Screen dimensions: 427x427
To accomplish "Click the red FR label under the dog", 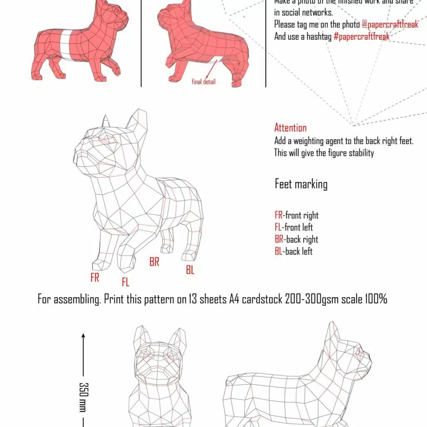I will pos(95,277).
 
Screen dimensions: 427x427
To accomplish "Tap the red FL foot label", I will pos(126,282).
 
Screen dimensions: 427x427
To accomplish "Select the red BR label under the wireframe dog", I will pos(154,262).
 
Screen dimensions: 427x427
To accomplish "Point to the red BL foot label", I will pos(190,270).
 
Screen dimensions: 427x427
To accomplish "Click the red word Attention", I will pos(290,128).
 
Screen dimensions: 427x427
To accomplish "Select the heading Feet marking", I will pos(301,184).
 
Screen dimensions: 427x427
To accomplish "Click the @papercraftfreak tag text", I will pos(390,24).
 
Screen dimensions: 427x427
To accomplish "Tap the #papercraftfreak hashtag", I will pos(362,37).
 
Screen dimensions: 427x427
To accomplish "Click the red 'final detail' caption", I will pos(203,82).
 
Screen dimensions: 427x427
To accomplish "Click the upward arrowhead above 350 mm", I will pos(83,335).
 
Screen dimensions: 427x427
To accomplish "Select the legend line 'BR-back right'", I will pos(296,239).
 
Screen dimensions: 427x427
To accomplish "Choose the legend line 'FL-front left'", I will pos(294,227).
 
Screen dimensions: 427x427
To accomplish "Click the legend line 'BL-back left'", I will pos(294,251).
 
